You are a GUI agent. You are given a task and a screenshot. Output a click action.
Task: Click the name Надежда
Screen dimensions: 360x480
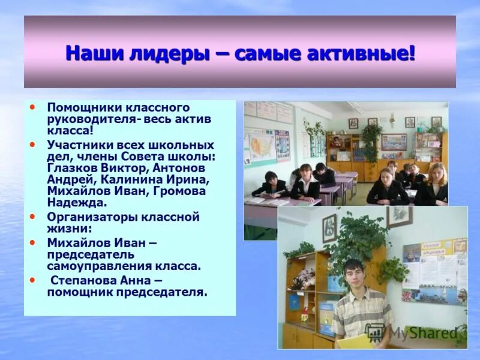coord(72,203)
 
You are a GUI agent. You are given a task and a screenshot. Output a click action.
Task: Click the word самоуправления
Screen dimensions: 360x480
coord(99,266)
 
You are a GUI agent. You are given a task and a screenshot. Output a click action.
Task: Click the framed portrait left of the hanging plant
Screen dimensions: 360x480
coord(329,228)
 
